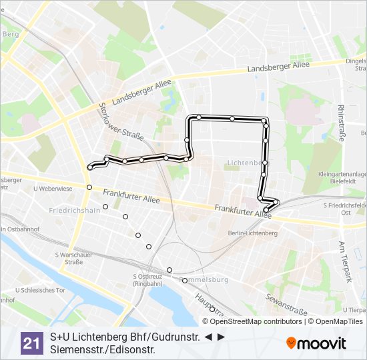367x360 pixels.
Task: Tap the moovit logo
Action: click(316, 343)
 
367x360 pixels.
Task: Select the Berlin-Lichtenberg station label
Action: click(252, 233)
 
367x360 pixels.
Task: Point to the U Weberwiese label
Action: click(52, 189)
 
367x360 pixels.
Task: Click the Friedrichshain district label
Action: click(75, 210)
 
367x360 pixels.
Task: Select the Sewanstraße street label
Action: click(286, 305)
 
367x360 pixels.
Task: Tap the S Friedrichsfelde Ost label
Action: click(345, 209)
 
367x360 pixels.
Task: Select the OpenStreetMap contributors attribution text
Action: click(256, 321)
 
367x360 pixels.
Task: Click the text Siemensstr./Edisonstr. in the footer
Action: click(103, 349)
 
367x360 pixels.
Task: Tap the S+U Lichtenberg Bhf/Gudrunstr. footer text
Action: click(125, 337)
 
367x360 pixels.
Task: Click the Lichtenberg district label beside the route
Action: click(243, 163)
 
